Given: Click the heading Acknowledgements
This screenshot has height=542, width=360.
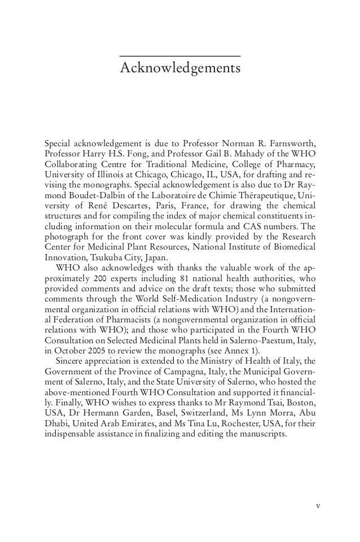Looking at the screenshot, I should (x=181, y=69).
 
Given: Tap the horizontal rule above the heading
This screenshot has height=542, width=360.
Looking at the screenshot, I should (x=181, y=56).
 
